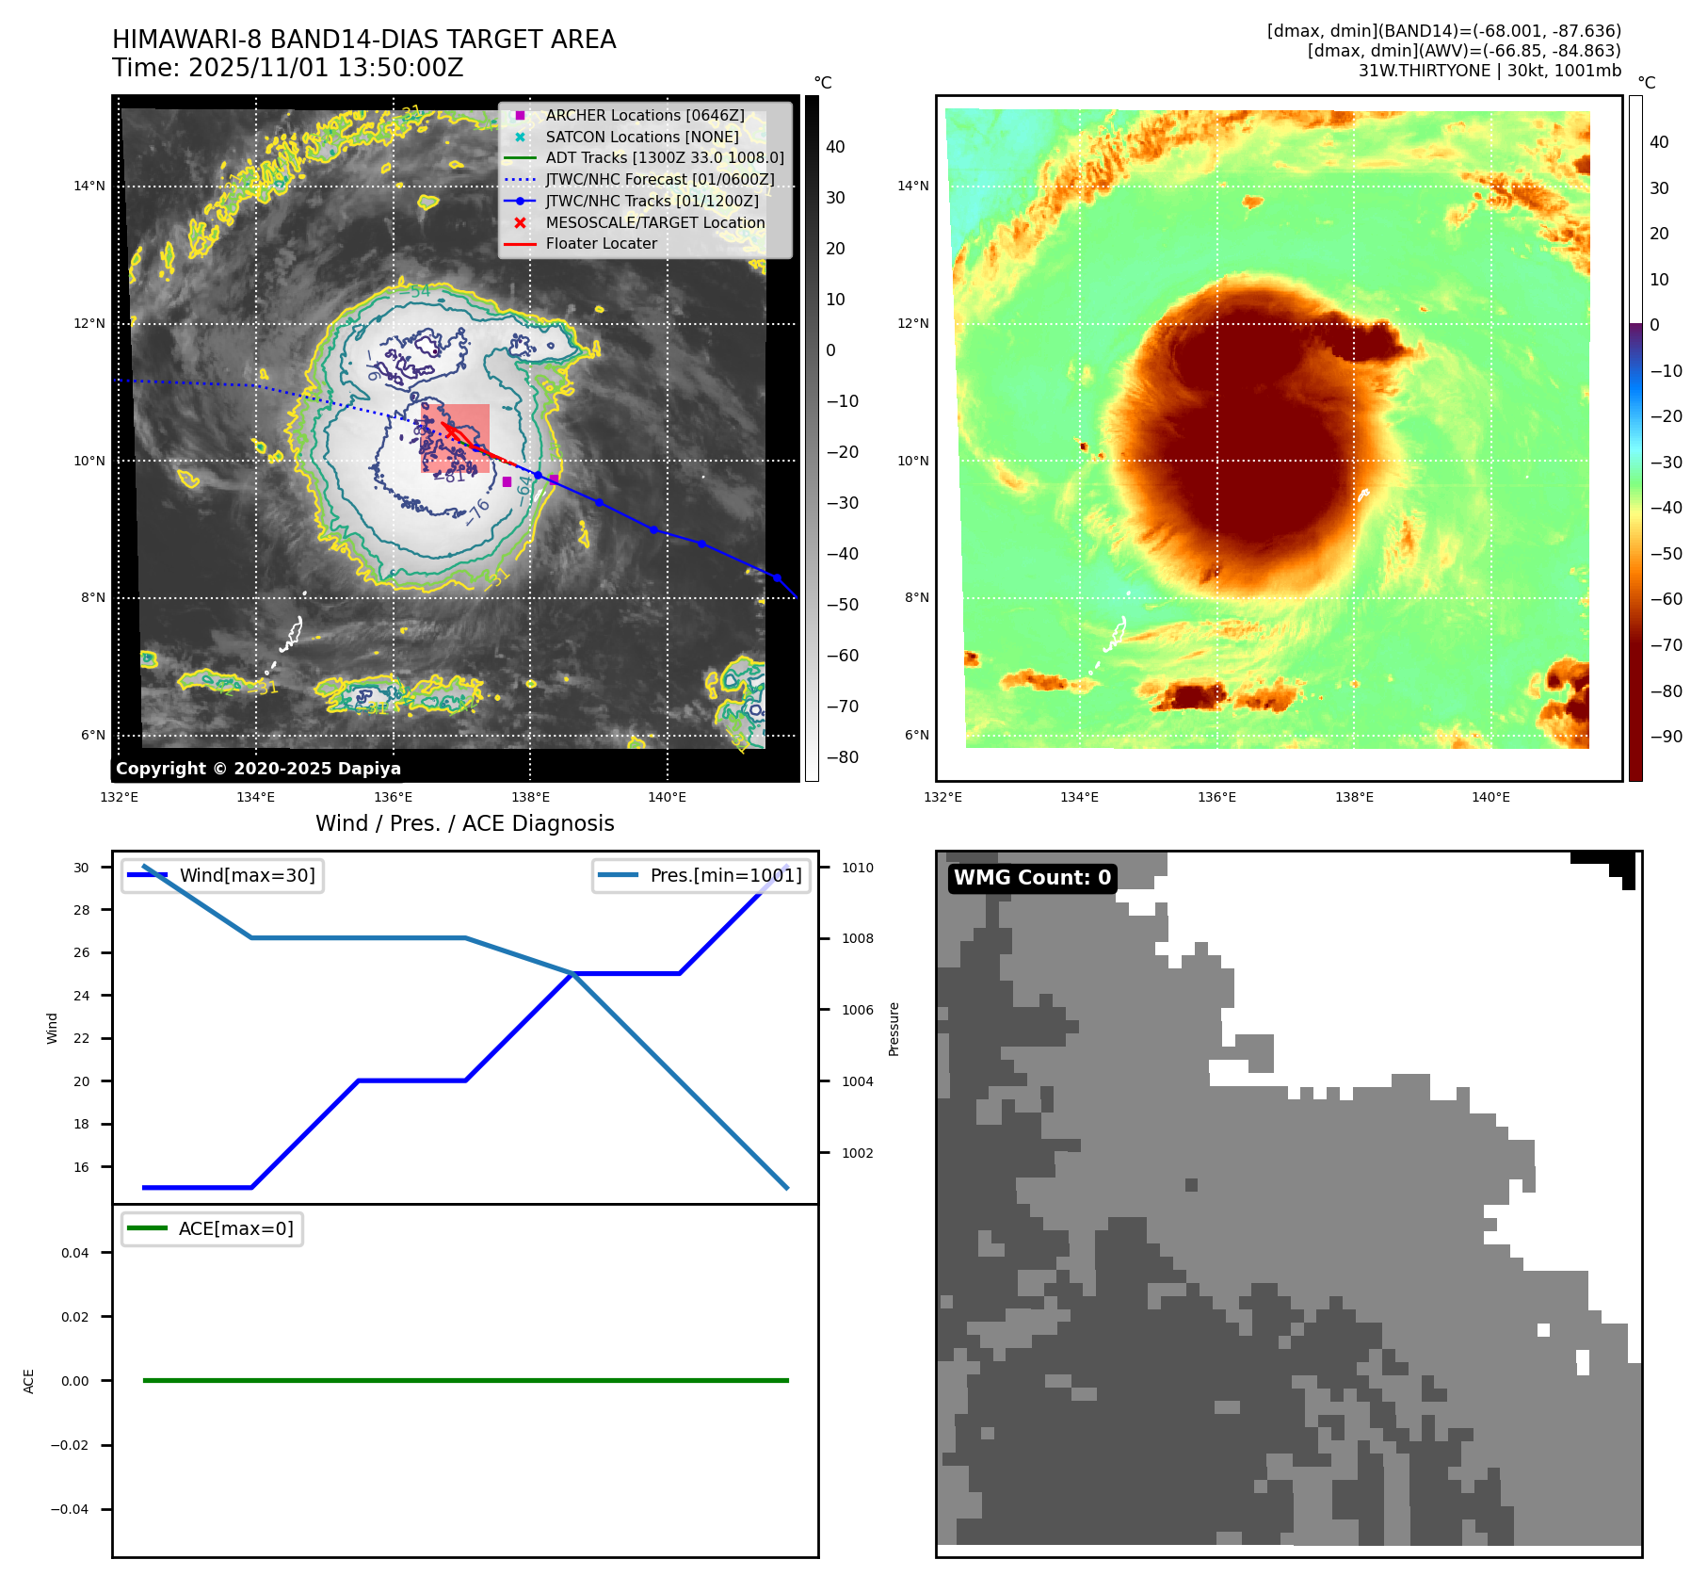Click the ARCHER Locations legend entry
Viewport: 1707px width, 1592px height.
tap(644, 115)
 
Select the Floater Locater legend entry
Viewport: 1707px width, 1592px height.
tap(601, 243)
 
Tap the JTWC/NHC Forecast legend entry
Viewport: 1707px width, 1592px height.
tap(659, 179)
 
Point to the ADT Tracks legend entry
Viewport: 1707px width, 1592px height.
tap(664, 157)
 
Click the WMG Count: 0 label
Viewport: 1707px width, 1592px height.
tap(1032, 878)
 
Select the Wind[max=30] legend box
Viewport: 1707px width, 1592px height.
tap(223, 875)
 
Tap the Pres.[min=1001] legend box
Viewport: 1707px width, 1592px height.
tap(701, 875)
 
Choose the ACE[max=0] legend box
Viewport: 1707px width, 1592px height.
tap(213, 1228)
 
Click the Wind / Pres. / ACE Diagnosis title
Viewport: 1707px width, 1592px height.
tap(464, 823)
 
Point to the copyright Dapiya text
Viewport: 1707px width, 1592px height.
tap(258, 769)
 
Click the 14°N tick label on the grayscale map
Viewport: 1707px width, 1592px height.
tap(89, 186)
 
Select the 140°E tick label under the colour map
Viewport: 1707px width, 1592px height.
tap(1490, 797)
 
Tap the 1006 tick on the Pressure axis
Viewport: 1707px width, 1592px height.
tap(857, 1010)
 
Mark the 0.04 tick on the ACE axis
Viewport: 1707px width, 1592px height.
tap(74, 1253)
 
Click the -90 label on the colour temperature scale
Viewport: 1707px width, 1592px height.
tap(1666, 737)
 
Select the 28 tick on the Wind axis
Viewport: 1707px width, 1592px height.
tap(82, 910)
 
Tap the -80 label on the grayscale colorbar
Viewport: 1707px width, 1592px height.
tap(842, 757)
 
